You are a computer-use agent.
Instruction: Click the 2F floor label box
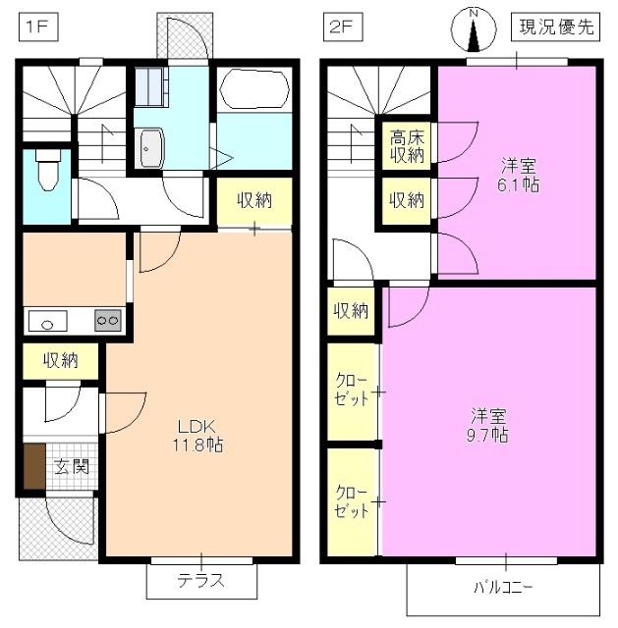pyautogui.click(x=339, y=27)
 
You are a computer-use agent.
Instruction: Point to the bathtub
pyautogui.click(x=253, y=90)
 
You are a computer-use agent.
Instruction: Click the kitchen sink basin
pyautogui.click(x=46, y=320)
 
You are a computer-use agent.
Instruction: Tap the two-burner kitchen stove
pyautogui.click(x=106, y=320)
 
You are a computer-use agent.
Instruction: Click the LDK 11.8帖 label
pyautogui.click(x=198, y=436)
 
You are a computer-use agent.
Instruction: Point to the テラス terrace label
pyautogui.click(x=200, y=580)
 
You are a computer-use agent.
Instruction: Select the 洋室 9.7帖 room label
pyautogui.click(x=487, y=425)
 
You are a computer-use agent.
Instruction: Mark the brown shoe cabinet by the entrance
pyautogui.click(x=34, y=468)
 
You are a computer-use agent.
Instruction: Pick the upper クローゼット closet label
pyautogui.click(x=352, y=390)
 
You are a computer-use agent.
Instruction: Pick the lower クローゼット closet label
pyautogui.click(x=352, y=501)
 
